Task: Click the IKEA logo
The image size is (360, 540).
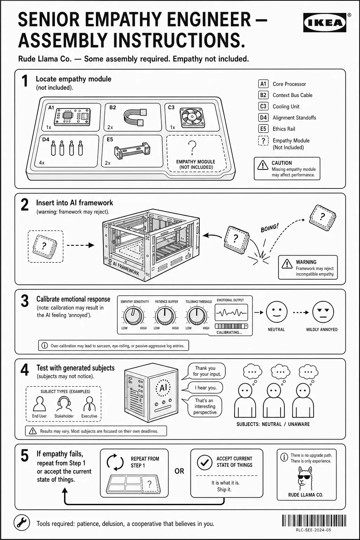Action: tap(324, 22)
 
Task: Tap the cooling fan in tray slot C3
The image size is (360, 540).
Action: tap(193, 118)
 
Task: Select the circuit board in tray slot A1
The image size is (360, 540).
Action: tap(72, 117)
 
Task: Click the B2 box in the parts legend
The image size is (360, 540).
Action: tap(263, 95)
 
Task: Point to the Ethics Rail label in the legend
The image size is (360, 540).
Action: tap(284, 129)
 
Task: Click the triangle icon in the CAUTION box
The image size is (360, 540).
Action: tap(263, 165)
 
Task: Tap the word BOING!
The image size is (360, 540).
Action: tap(270, 227)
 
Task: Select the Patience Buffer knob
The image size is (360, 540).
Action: tap(165, 316)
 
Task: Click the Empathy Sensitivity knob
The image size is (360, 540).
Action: tap(134, 316)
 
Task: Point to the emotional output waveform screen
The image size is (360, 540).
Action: tap(231, 313)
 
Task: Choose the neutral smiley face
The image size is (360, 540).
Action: tap(277, 312)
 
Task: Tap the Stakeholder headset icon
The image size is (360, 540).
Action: tap(64, 404)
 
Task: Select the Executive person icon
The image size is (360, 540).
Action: tap(89, 404)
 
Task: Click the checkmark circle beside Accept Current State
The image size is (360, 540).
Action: tap(205, 462)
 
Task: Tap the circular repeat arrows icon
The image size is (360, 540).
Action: tap(115, 462)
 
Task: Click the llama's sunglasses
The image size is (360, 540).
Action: tap(304, 477)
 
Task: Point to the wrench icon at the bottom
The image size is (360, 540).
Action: tap(22, 523)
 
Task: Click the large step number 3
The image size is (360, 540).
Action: tap(25, 301)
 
